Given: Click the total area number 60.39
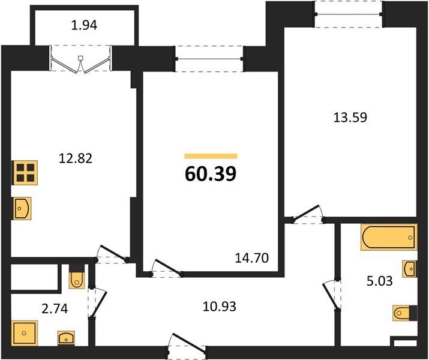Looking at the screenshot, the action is (211, 174).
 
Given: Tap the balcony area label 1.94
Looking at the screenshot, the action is (84, 25).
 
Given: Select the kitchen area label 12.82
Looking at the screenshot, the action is (76, 158).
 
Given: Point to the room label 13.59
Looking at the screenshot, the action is (350, 118).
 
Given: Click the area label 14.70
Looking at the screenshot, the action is (252, 258).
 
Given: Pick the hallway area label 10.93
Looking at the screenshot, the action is (220, 307).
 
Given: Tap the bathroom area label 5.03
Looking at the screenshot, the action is (379, 281).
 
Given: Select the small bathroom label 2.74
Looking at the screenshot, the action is (55, 309).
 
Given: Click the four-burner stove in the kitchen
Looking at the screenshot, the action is (25, 173).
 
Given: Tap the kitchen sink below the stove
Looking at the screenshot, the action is (22, 208).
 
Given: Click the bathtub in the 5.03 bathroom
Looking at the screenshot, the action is (389, 237).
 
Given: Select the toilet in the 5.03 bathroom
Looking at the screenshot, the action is (405, 313).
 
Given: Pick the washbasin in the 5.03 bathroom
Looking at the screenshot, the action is (410, 269).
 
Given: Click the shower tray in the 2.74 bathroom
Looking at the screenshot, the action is (25, 332).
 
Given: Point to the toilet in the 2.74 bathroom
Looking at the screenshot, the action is (77, 277).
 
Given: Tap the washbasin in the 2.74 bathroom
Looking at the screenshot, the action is (66, 338).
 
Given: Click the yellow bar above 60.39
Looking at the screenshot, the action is (211, 156).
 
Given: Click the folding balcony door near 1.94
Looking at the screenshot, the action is (81, 59).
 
